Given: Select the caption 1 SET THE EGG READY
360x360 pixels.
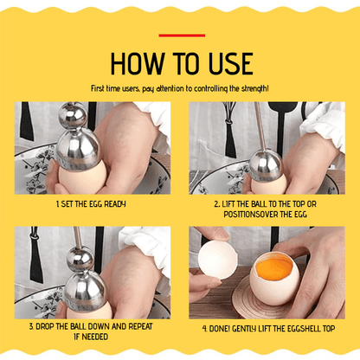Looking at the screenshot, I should [91, 203].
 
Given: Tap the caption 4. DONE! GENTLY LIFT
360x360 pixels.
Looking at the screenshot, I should [269, 329].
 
